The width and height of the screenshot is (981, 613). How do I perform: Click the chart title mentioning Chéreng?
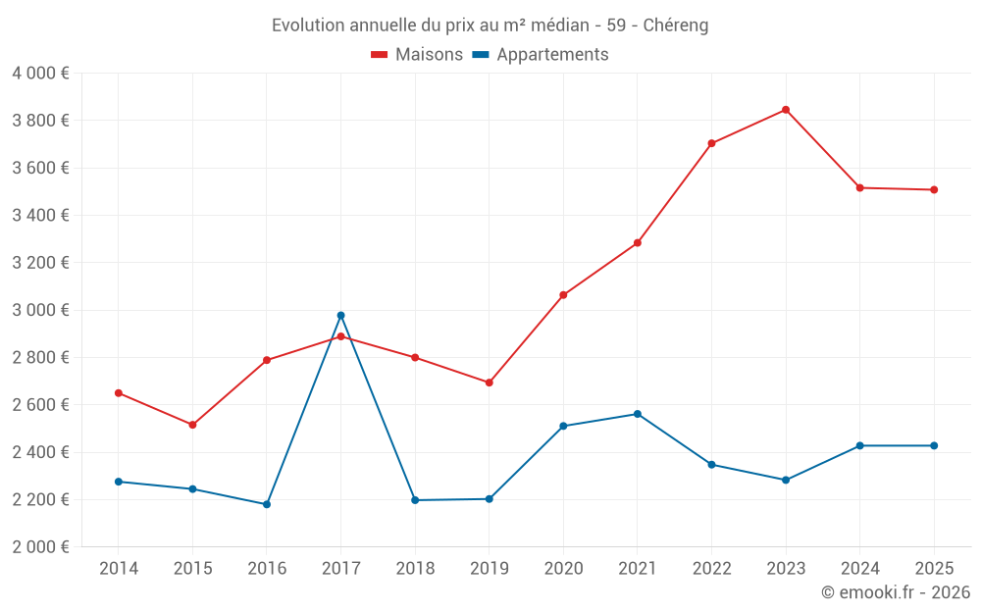coord(490,25)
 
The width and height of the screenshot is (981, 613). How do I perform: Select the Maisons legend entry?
coord(417,55)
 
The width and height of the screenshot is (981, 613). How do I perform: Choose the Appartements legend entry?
coord(541,55)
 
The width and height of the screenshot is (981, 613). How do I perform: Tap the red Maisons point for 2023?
coord(786,110)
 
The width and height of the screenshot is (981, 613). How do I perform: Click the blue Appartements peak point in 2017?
coord(340,316)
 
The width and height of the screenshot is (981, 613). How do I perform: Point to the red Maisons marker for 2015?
coord(192,425)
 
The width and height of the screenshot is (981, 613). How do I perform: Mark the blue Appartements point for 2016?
coord(267,504)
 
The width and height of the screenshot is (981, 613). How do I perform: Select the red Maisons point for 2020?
coord(563,295)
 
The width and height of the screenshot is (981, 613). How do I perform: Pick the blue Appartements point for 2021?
coord(638,414)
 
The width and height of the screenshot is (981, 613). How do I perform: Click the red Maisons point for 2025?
coord(934,189)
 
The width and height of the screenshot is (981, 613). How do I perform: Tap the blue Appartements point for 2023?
coord(786,480)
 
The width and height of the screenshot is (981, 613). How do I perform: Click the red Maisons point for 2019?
coord(490,383)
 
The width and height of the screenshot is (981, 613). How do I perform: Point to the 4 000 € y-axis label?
coord(40,74)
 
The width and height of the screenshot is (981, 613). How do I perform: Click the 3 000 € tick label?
coord(40,310)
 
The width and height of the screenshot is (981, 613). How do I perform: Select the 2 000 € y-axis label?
coord(40,547)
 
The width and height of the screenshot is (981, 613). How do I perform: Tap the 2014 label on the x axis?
coord(119,568)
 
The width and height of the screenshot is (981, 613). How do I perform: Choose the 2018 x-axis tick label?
coord(415,568)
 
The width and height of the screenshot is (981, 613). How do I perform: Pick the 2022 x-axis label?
coord(711,568)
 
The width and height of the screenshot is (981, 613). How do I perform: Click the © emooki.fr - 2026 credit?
coord(895,592)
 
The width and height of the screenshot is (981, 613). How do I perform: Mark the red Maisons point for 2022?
coord(711,143)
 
